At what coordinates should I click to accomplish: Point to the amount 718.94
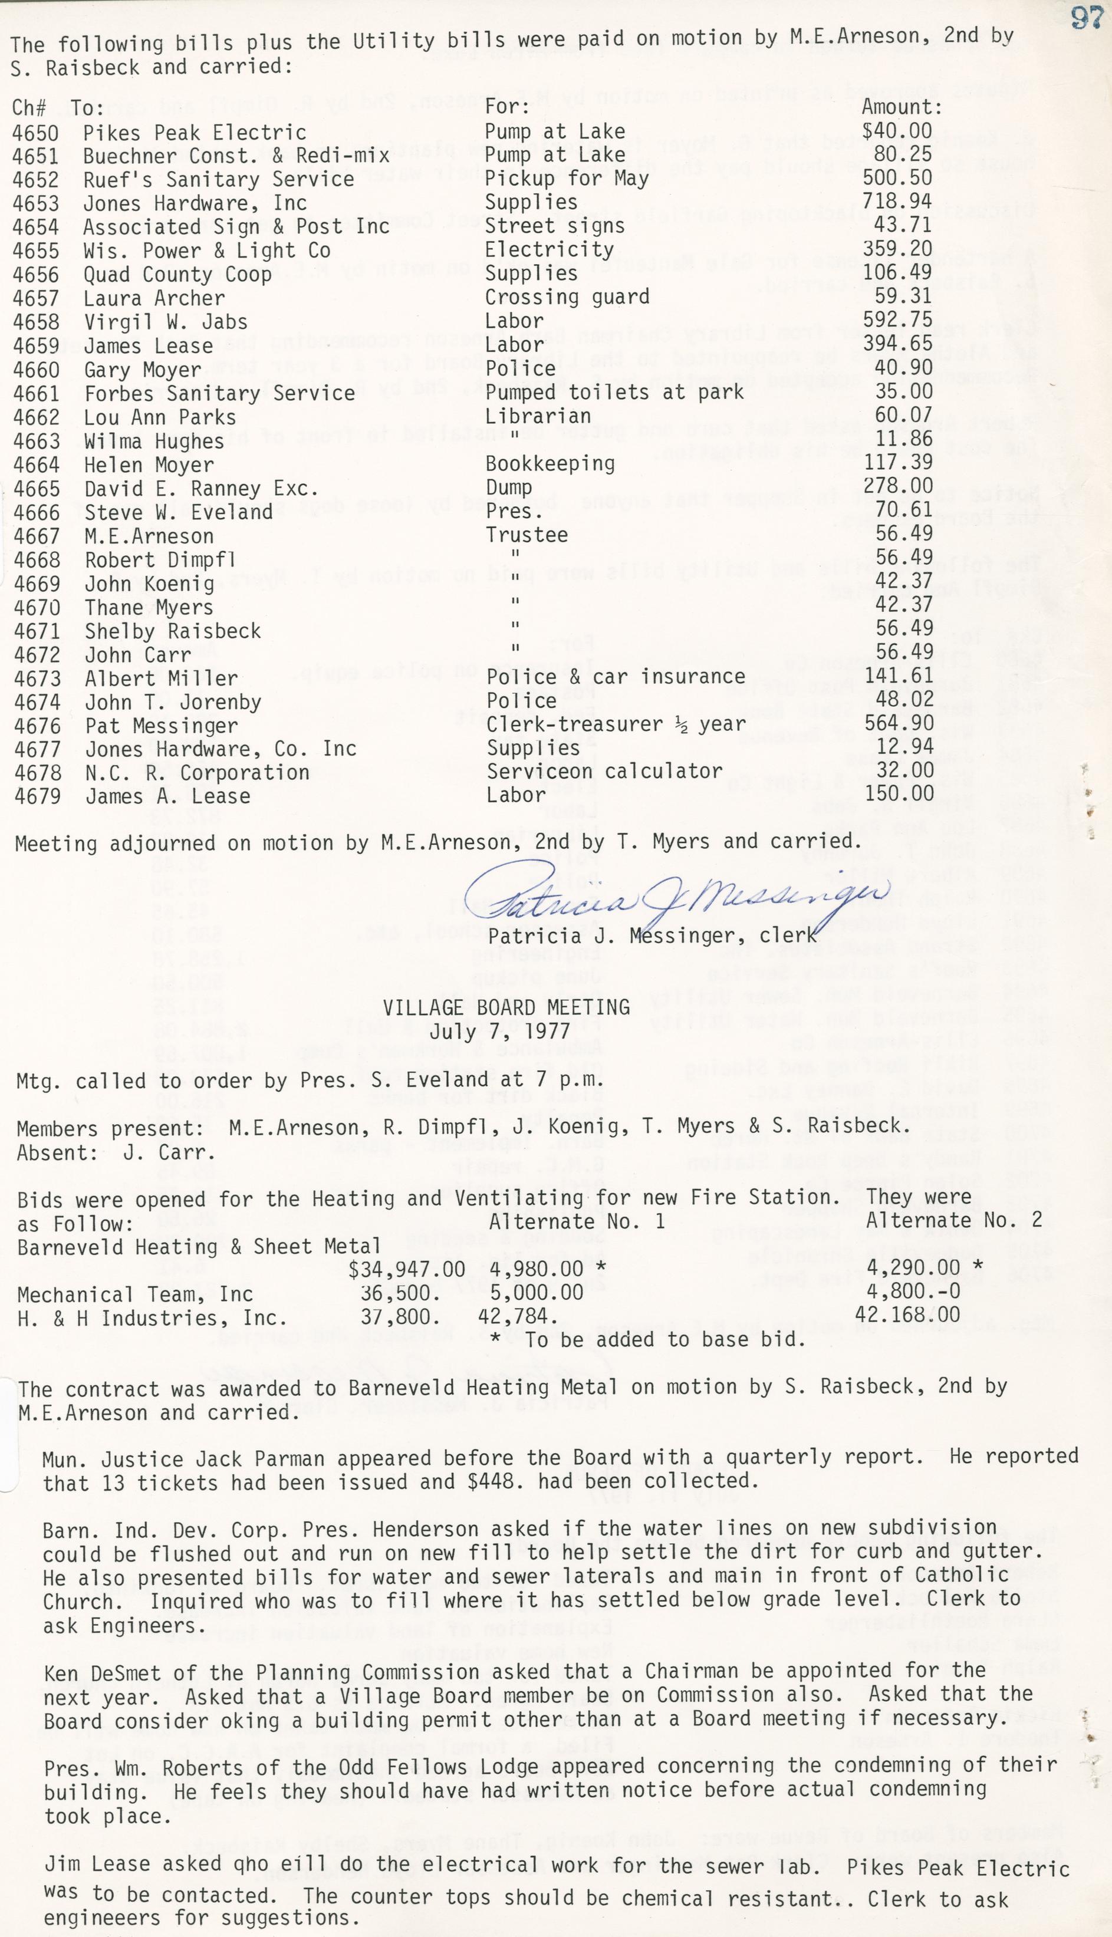(x=897, y=202)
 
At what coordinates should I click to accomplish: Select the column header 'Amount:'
(x=902, y=108)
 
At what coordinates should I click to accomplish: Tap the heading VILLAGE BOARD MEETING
(x=506, y=1008)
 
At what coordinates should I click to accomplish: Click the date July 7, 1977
(x=506, y=1032)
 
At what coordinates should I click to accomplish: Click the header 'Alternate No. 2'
(x=954, y=1220)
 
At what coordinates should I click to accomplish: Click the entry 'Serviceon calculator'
(x=604, y=771)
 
